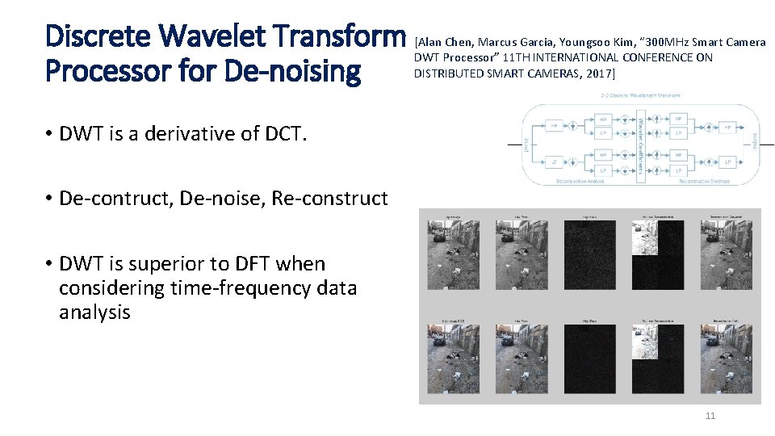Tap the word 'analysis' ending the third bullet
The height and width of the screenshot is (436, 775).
click(94, 312)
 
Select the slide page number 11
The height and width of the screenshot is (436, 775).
click(710, 416)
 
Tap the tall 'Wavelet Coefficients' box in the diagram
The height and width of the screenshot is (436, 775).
click(642, 145)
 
